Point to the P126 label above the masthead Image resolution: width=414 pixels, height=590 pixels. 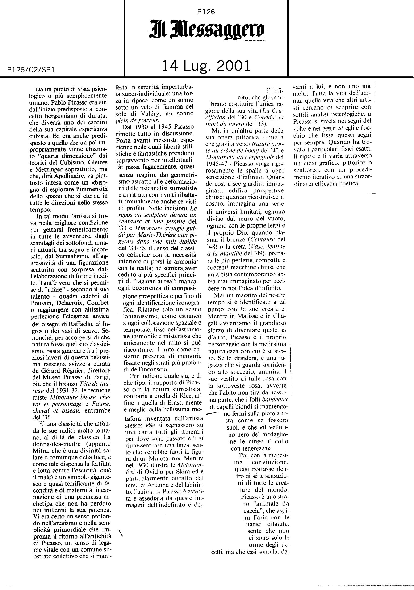(x=206, y=12)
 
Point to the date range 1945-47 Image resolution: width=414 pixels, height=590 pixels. (x=217, y=164)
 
